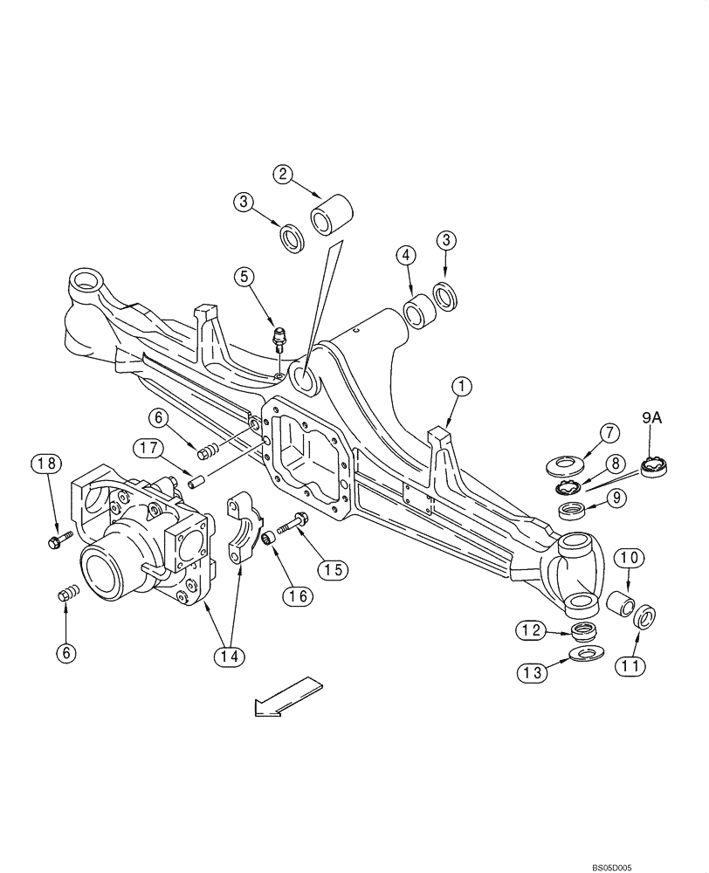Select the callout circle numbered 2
point(282,173)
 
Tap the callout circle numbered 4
point(404,257)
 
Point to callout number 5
point(245,277)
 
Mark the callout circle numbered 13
point(533,671)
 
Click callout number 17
point(148,448)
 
